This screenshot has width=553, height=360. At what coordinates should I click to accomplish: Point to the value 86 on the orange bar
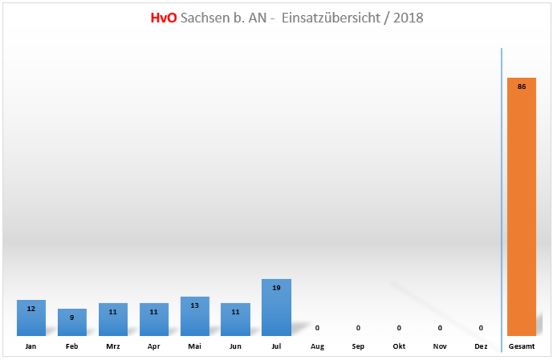click(x=521, y=86)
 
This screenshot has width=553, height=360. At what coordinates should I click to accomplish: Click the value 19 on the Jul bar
click(x=276, y=287)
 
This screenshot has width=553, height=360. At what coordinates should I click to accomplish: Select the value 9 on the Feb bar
click(x=72, y=317)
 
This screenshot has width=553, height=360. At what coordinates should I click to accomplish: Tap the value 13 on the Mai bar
click(x=195, y=305)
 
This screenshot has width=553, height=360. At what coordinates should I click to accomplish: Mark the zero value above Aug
click(x=317, y=328)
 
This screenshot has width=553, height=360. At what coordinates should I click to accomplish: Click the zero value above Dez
click(x=480, y=328)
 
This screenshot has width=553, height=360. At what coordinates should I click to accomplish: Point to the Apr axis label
click(x=153, y=346)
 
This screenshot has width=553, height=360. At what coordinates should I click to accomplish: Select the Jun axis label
click(x=236, y=346)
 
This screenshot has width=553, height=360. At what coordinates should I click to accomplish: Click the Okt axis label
click(x=399, y=346)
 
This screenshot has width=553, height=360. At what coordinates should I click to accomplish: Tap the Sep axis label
click(x=358, y=346)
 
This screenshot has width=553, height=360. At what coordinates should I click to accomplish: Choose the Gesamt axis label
click(x=521, y=346)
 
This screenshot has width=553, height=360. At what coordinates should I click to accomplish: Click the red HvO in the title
click(x=163, y=18)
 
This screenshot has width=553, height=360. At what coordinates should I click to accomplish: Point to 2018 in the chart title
click(x=408, y=18)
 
